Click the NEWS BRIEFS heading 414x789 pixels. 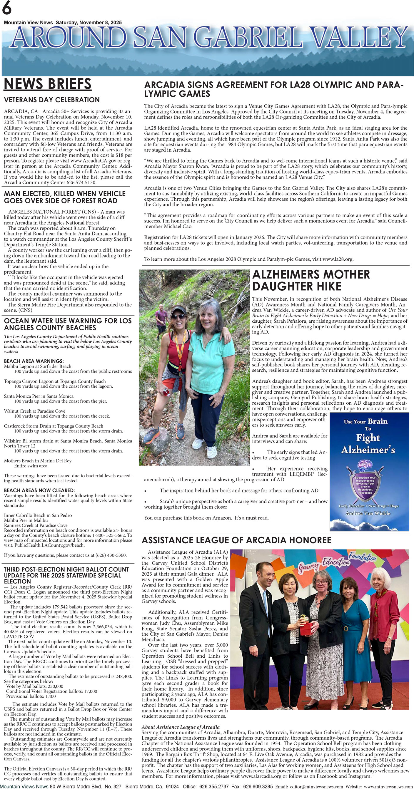point(48,84)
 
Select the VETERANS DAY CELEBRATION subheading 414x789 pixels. point(52,100)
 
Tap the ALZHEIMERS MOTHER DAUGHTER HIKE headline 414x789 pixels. point(311,280)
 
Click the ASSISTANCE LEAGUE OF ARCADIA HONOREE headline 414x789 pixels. point(236,540)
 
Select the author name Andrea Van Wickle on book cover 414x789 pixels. point(368,513)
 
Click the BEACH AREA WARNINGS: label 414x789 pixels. point(34,361)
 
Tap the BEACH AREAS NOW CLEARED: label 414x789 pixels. point(39,490)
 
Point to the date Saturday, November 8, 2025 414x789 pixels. point(89,22)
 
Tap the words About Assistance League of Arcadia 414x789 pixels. point(181,727)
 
